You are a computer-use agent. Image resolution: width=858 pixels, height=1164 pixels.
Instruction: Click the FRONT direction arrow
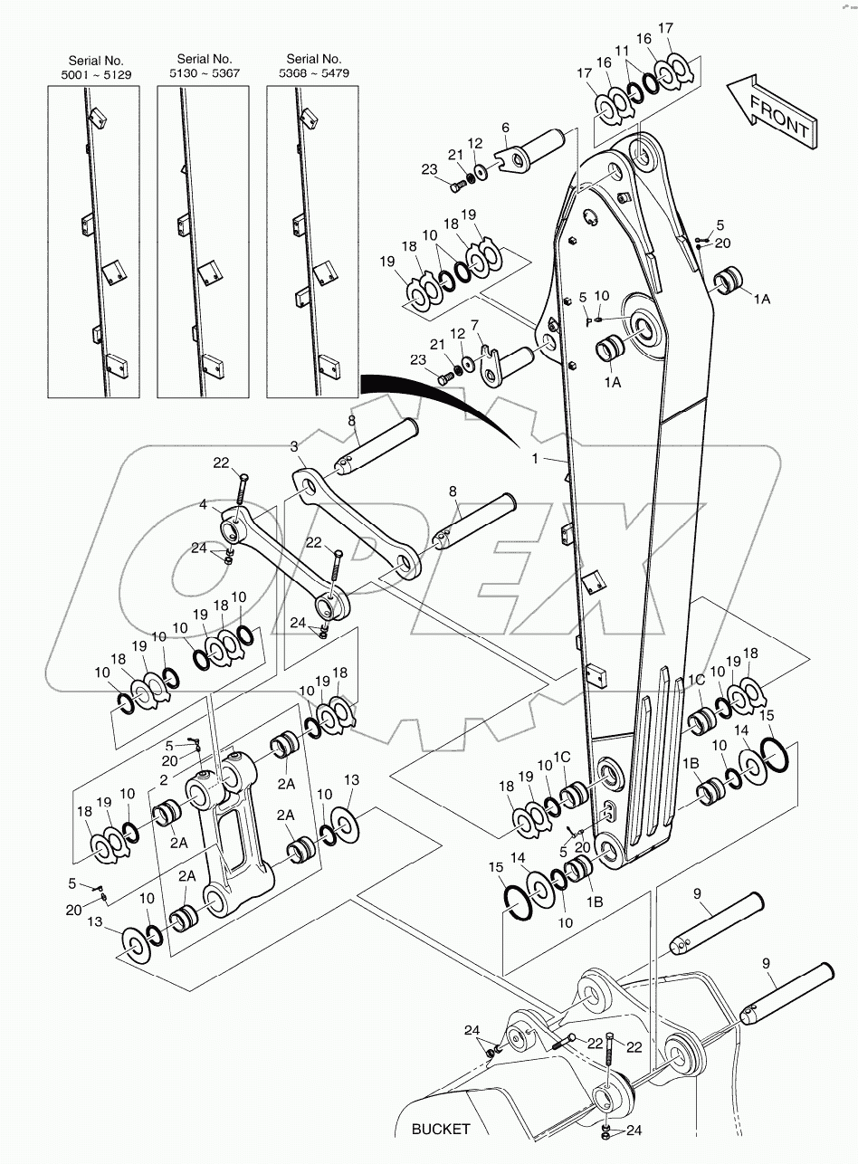click(771, 113)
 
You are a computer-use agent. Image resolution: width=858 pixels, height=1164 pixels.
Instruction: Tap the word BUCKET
click(441, 1129)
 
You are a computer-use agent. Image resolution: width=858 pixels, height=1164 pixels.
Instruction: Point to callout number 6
click(505, 128)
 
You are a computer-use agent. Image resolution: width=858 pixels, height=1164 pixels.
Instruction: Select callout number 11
click(620, 52)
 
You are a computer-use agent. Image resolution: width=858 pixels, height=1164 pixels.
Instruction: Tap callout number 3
click(293, 446)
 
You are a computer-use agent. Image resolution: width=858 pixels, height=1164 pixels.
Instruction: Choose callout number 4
click(203, 504)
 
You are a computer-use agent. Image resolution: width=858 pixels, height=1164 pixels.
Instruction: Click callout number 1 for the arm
click(535, 459)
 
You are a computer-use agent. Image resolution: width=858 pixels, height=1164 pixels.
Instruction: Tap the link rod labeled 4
click(281, 561)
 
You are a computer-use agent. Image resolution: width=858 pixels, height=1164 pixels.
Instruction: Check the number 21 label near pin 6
click(454, 155)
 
